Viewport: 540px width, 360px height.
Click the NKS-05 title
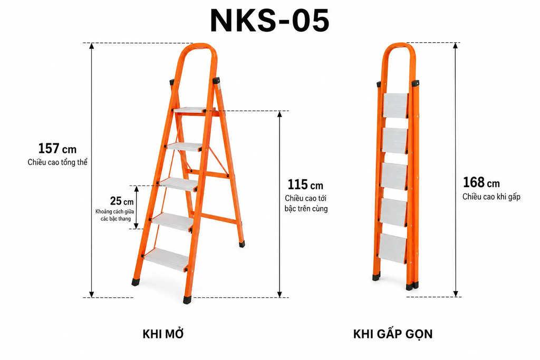pos(269,21)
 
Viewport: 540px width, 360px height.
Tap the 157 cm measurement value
pos(57,149)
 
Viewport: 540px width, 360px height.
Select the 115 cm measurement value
pos(305,185)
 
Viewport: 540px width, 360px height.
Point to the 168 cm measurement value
pos(481,182)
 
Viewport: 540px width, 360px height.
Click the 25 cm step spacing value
pos(122,201)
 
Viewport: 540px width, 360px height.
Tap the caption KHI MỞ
pos(163,334)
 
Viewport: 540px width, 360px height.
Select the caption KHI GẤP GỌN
pos(392,334)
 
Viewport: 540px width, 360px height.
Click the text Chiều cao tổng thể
pos(57,162)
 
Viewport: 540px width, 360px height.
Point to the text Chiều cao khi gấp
pos(491,197)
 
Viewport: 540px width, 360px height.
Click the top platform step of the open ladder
pos(189,110)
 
